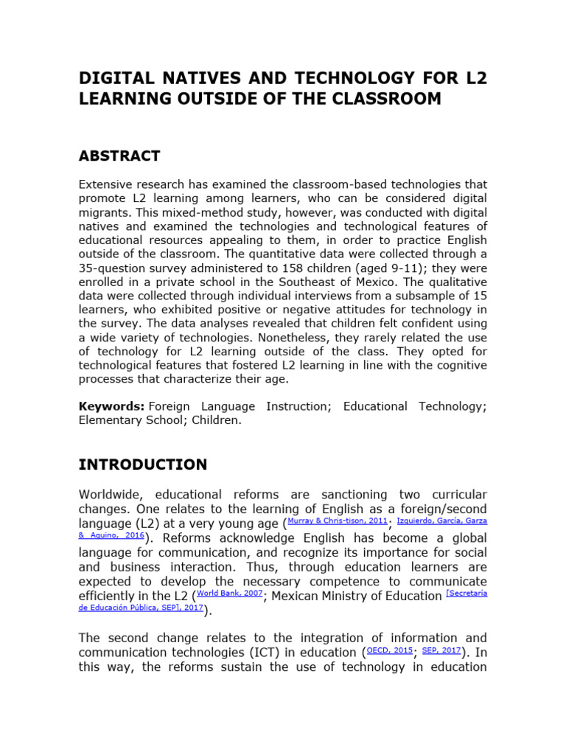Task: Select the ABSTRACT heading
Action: [x=119, y=156]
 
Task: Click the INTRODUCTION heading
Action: [x=143, y=465]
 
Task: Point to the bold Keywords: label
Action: [x=111, y=406]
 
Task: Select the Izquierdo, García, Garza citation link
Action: [x=442, y=521]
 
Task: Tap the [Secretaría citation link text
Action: [x=467, y=593]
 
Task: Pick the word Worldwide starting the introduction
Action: [x=111, y=493]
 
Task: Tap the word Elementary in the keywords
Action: [x=111, y=421]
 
